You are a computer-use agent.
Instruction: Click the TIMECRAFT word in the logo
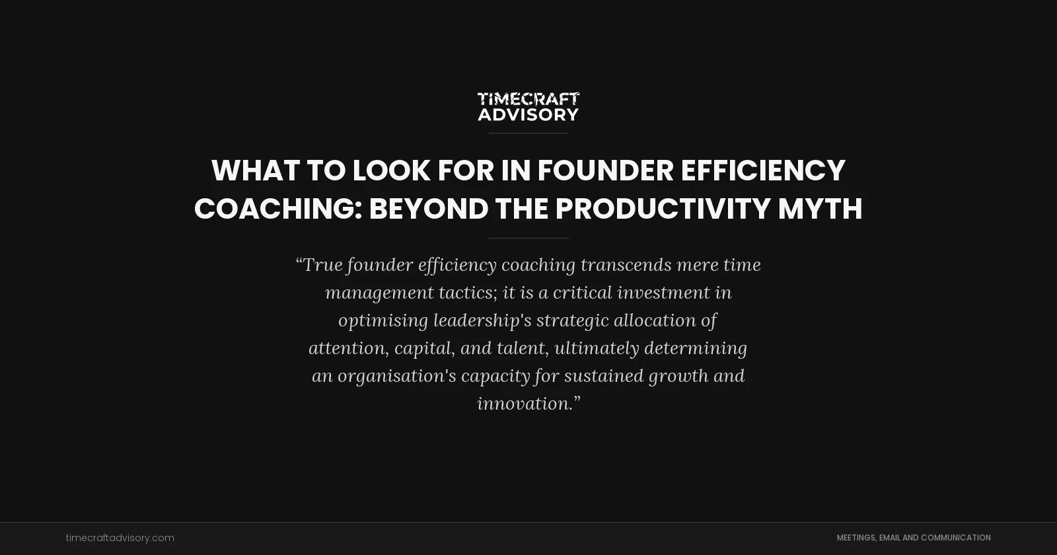tap(528, 99)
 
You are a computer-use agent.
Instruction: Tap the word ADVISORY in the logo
tap(528, 114)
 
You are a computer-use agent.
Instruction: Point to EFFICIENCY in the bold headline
tap(763, 170)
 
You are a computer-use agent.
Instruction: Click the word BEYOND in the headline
tap(428, 209)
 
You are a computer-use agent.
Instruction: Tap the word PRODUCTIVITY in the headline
tap(663, 209)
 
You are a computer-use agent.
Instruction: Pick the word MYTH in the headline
tap(820, 209)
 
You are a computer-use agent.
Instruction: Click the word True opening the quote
tap(323, 265)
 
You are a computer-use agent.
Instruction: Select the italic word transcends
tap(626, 265)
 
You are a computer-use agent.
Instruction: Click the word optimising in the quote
tap(383, 320)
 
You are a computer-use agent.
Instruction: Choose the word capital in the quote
tap(424, 348)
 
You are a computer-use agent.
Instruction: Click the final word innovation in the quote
tap(525, 404)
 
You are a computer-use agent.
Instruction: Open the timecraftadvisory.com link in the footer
tap(120, 538)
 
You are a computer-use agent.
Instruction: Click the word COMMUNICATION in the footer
tap(955, 538)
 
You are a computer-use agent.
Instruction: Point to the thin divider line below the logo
tap(528, 133)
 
